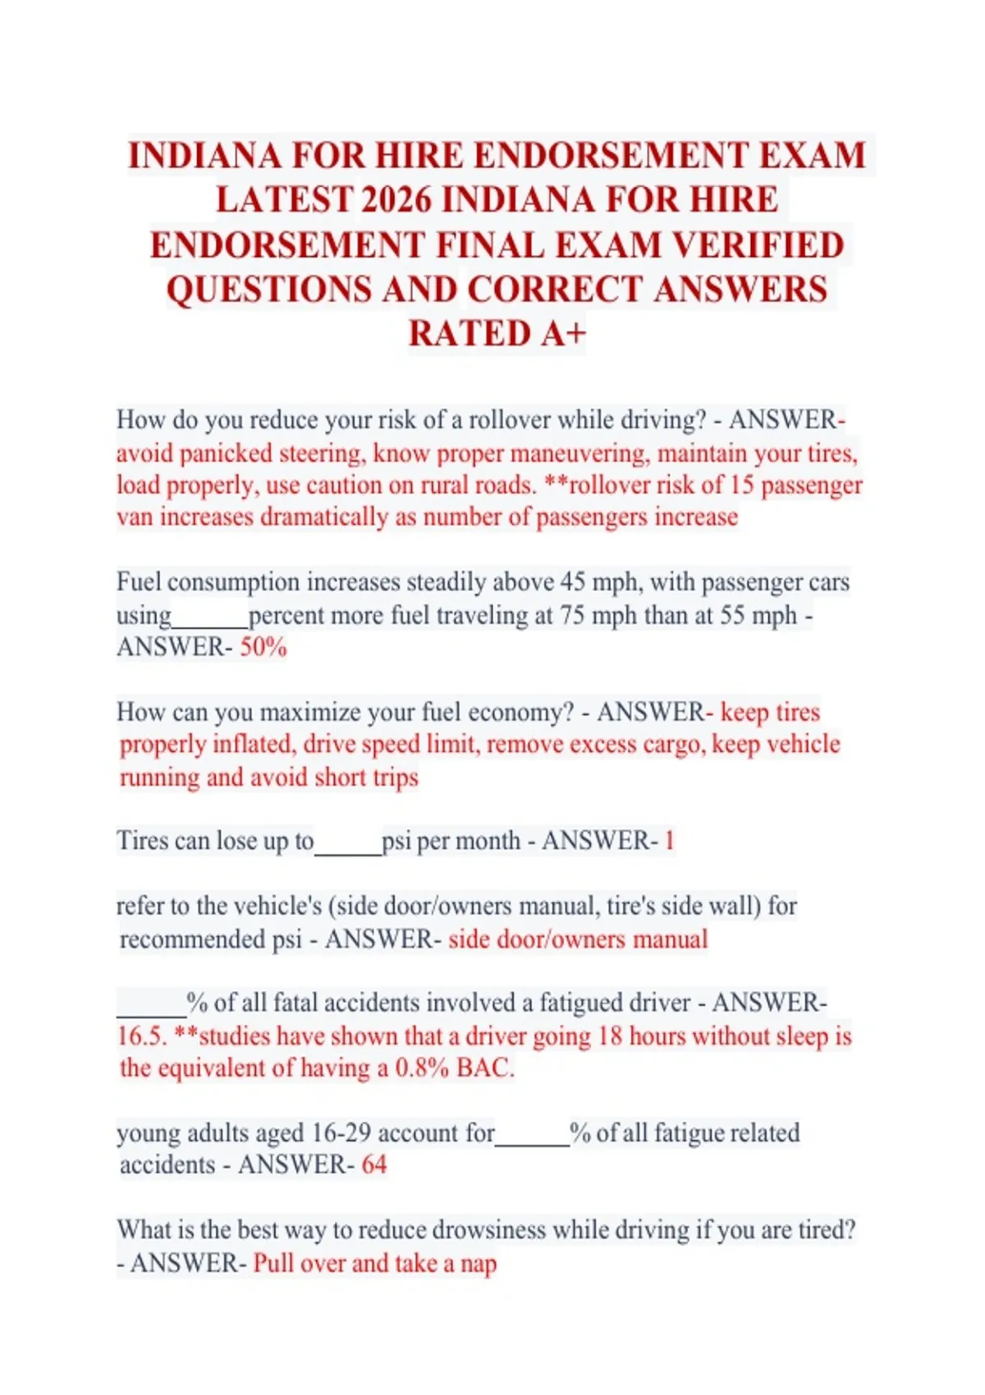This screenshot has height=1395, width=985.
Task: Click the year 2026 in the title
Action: pos(396,200)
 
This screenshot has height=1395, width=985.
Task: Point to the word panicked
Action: pos(226,453)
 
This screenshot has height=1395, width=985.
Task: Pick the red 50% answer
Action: pos(263,647)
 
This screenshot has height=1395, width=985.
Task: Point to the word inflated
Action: pos(252,744)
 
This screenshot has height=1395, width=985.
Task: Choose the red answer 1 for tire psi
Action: pos(670,841)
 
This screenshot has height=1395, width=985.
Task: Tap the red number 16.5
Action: pos(141,1036)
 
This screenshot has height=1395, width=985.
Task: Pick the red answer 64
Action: pos(373,1165)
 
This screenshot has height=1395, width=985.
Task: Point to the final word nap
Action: pos(479,1263)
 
